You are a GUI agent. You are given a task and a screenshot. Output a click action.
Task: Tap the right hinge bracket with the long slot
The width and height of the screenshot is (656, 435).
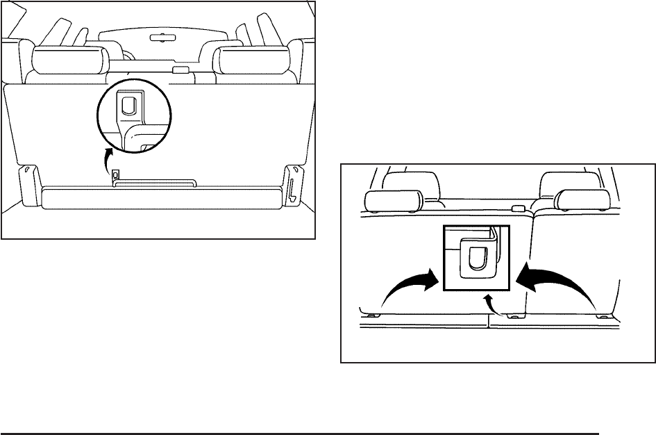click(x=294, y=187)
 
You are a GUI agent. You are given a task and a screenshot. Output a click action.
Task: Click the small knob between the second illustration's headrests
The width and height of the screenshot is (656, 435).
click(x=517, y=208)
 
